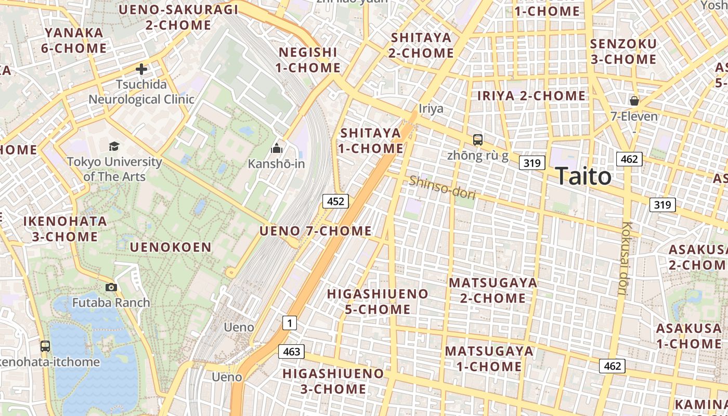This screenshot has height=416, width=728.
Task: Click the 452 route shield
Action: click(x=335, y=201)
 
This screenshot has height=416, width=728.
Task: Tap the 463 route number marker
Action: click(x=291, y=352)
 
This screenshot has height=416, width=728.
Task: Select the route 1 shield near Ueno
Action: click(x=289, y=323)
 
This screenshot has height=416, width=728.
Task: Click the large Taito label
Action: click(x=583, y=176)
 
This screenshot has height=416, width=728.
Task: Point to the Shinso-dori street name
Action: click(x=442, y=187)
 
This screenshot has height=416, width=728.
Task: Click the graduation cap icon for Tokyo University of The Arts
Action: click(x=114, y=146)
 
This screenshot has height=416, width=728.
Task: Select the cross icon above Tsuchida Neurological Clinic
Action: click(x=141, y=69)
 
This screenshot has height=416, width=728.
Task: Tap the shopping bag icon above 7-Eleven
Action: click(x=634, y=100)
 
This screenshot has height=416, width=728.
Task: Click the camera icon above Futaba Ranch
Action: click(x=111, y=287)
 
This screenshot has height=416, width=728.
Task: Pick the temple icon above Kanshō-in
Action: click(x=276, y=149)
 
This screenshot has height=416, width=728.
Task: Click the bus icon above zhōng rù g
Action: click(x=477, y=139)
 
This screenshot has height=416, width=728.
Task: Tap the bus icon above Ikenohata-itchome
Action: click(x=45, y=346)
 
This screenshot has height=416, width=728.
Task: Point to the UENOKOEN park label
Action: click(x=171, y=247)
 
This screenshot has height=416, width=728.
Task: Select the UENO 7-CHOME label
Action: click(x=316, y=231)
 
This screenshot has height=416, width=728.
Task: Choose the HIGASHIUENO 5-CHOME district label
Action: click(x=378, y=302)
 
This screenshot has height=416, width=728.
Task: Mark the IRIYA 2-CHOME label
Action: click(x=531, y=96)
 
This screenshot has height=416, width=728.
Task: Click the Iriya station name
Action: click(x=431, y=108)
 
